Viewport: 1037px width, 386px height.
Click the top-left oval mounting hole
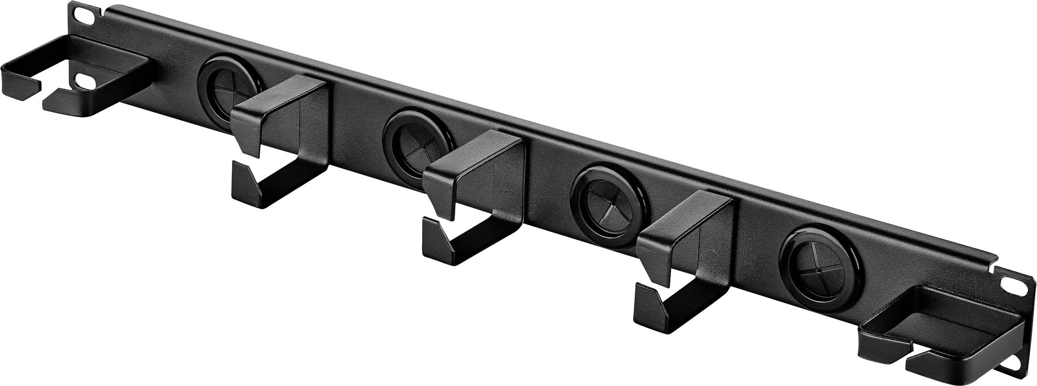point(84,16)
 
